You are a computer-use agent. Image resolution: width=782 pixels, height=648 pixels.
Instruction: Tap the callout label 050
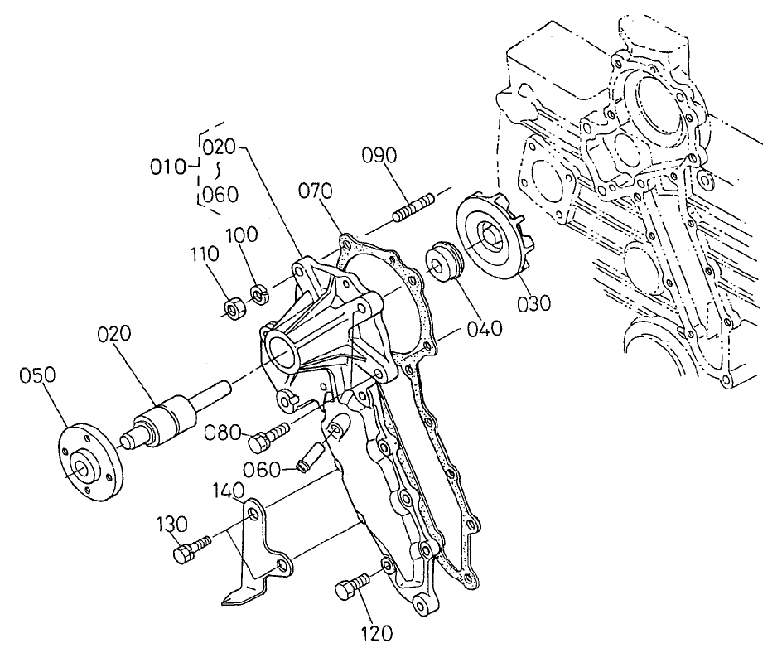point(38,375)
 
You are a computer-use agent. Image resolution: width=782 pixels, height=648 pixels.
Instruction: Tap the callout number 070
point(316,192)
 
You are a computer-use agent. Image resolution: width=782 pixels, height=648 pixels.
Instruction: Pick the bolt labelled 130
point(189,550)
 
